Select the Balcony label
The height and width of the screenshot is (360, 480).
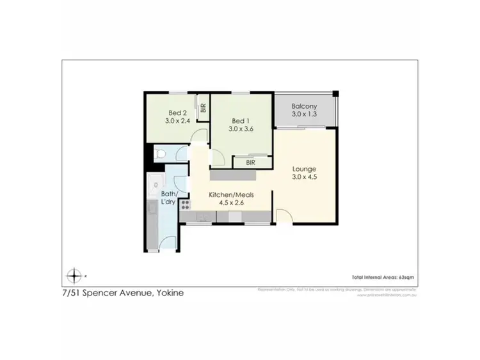click(x=304, y=106)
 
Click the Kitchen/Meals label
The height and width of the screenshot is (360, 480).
click(x=227, y=194)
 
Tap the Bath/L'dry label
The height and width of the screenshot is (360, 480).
click(x=170, y=198)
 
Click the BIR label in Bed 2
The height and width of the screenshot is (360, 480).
click(x=203, y=109)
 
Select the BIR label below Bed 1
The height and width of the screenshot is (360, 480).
click(x=250, y=162)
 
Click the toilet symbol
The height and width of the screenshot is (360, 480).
click(x=160, y=153)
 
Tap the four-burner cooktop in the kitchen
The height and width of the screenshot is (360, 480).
click(x=186, y=205)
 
